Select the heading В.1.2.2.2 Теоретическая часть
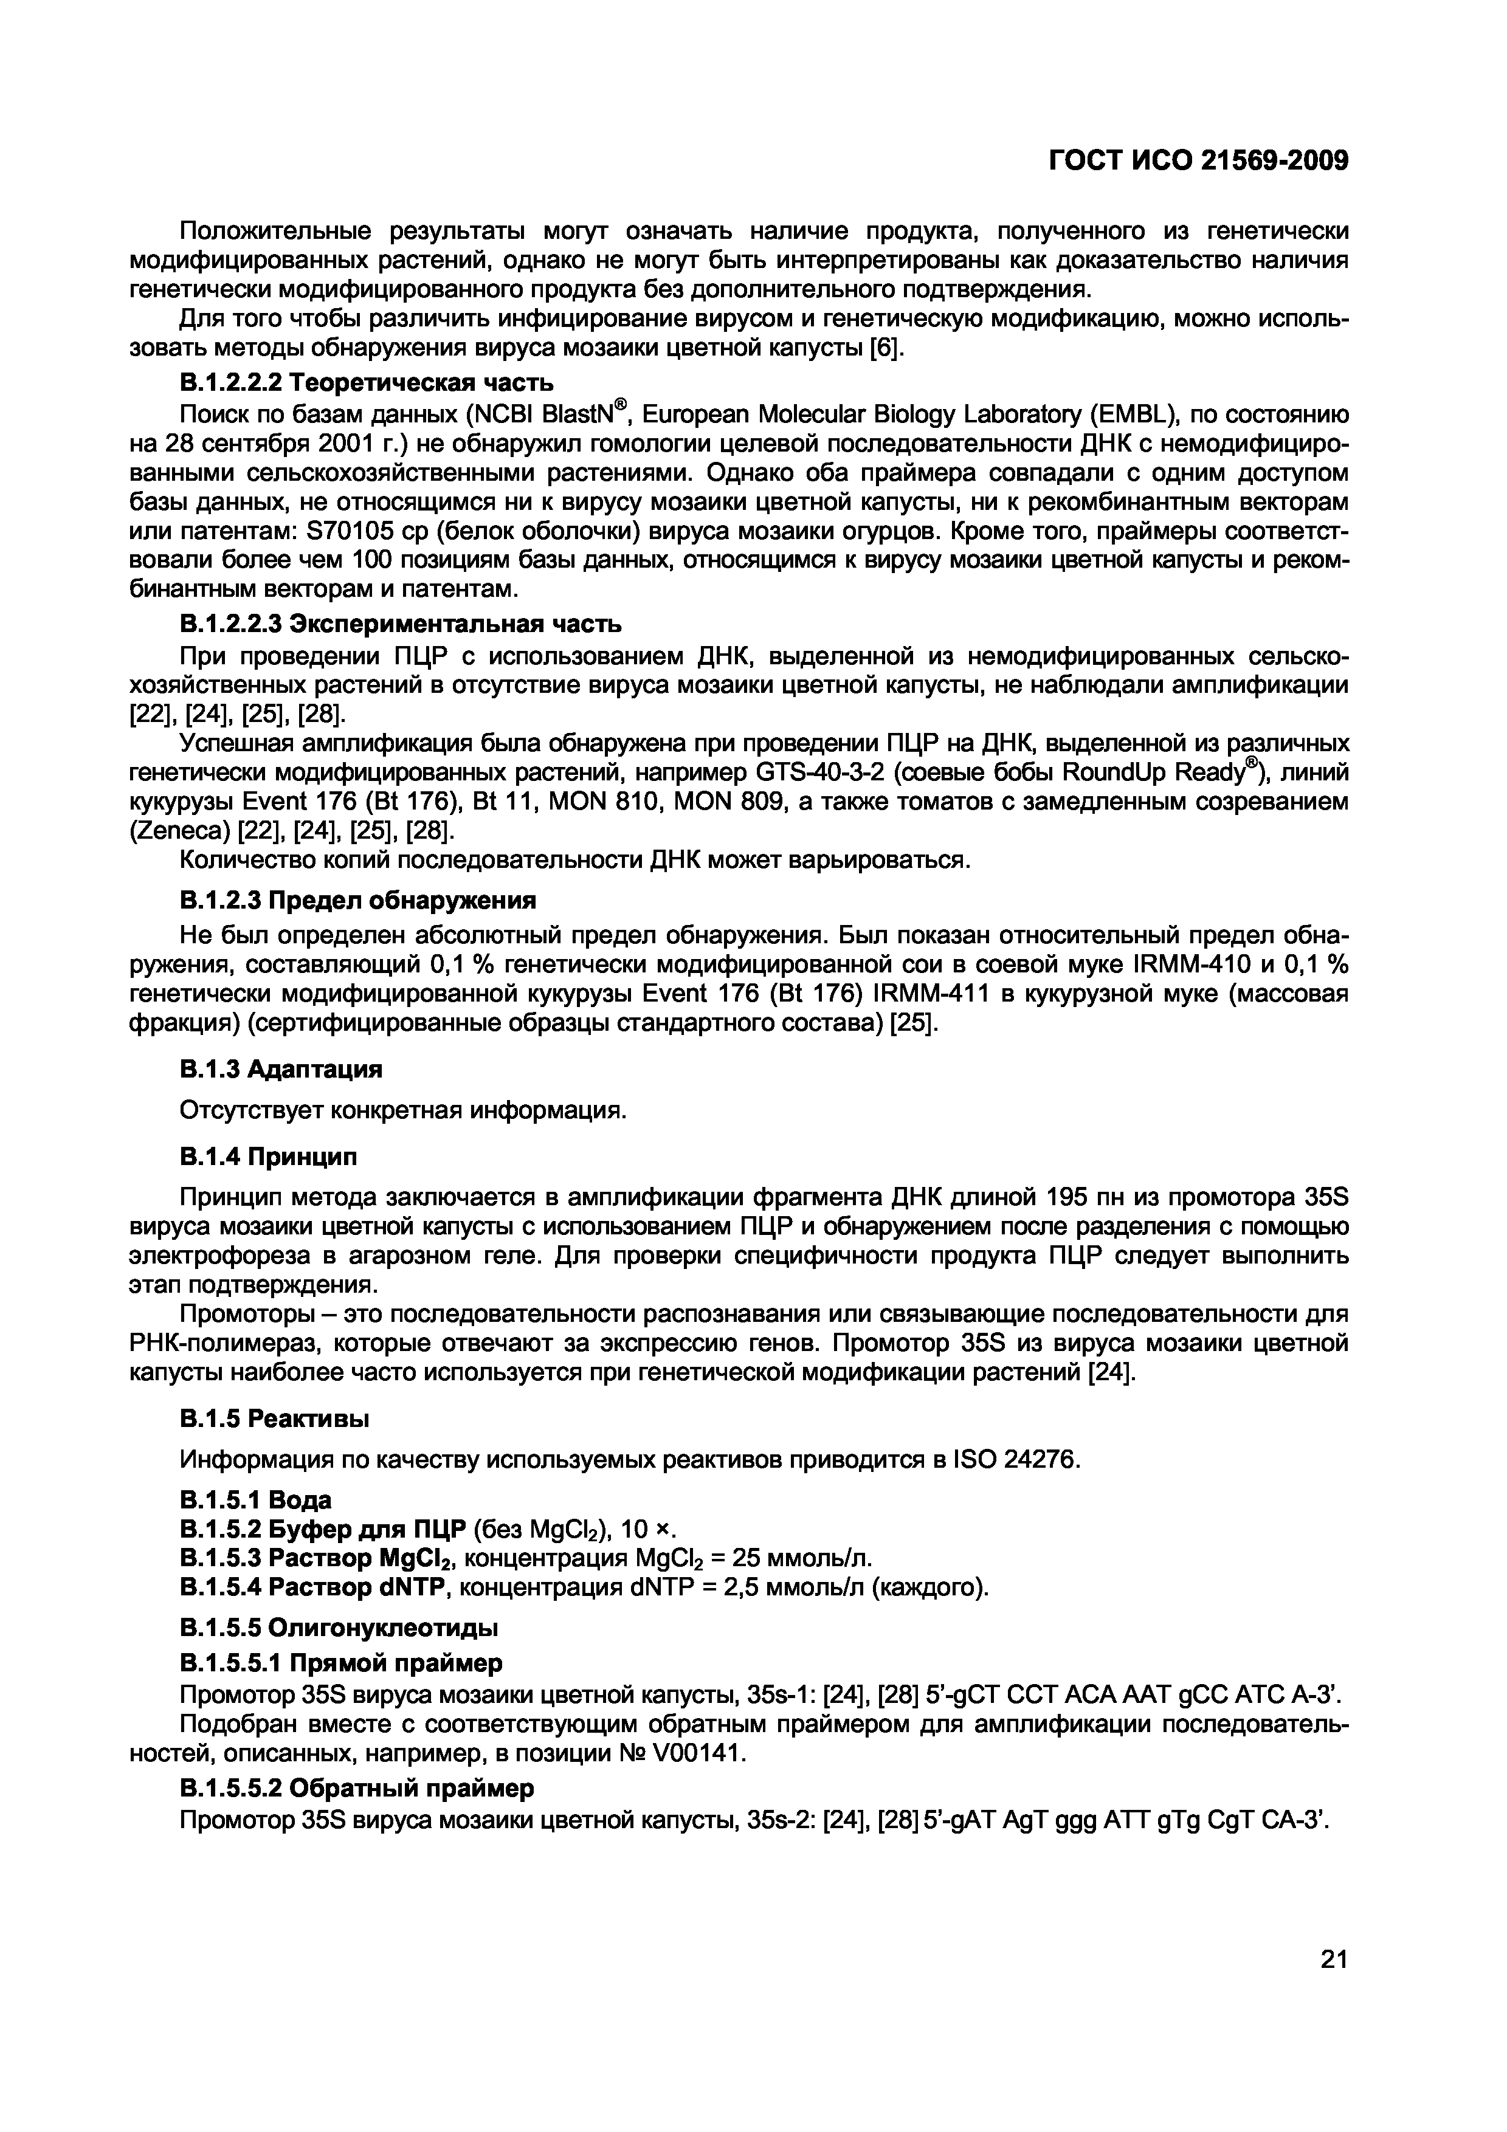(366, 382)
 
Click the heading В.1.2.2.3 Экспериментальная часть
(400, 622)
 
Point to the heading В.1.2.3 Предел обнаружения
(357, 900)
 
